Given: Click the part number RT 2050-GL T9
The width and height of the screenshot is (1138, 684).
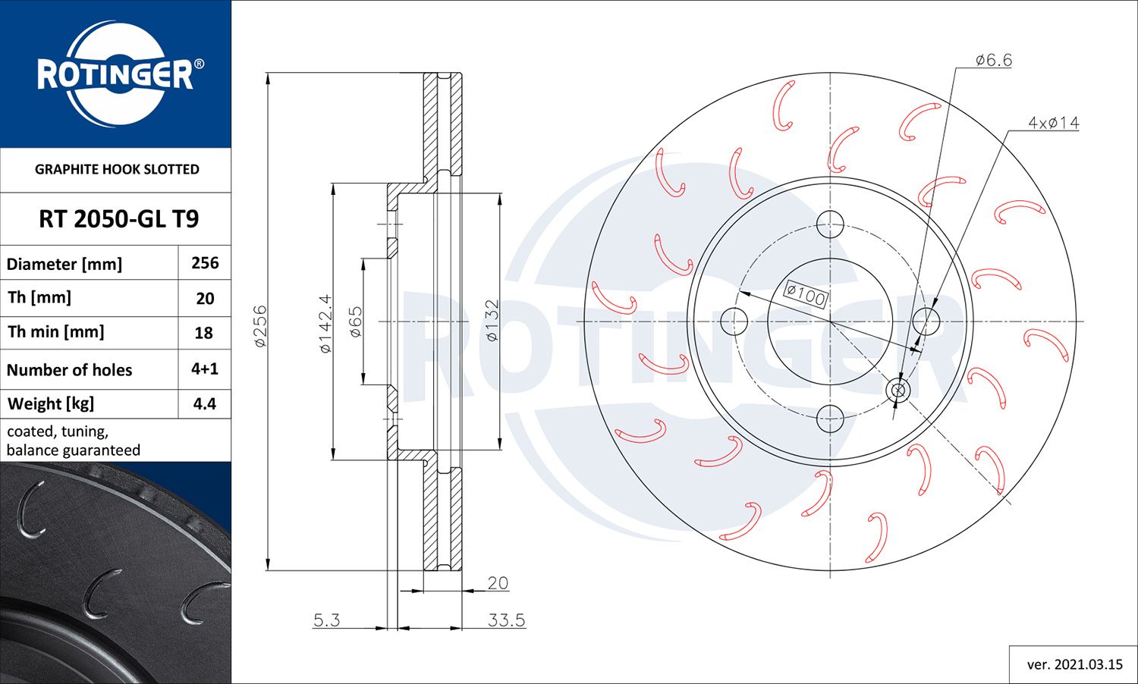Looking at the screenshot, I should click(x=118, y=219).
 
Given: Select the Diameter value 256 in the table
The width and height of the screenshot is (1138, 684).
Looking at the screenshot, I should click(x=205, y=263).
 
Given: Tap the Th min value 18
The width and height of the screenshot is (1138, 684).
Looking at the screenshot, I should click(x=205, y=333).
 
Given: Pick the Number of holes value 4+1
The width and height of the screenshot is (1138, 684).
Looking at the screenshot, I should click(x=205, y=369).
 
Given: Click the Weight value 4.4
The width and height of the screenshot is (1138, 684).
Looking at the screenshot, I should click(x=205, y=404).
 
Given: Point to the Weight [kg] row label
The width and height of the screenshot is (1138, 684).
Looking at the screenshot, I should click(x=51, y=404).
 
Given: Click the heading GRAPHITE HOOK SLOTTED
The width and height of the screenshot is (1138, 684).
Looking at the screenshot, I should click(x=117, y=170).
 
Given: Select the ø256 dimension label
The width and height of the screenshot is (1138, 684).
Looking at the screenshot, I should click(x=260, y=326).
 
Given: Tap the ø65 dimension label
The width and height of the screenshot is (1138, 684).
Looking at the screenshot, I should click(x=355, y=322).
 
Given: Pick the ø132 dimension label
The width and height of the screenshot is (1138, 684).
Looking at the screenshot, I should click(x=492, y=321).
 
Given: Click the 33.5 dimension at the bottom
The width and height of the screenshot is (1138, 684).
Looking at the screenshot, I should click(x=506, y=620).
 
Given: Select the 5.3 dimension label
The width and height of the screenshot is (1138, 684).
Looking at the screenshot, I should click(x=326, y=620).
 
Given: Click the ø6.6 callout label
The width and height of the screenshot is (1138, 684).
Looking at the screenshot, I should click(x=993, y=60).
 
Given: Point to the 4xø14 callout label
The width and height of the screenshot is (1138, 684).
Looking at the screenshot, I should click(x=1053, y=123).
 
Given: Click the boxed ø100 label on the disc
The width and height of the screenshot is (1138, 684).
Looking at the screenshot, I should click(x=805, y=294).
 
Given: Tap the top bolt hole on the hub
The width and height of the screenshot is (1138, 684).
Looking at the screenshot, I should click(x=830, y=224).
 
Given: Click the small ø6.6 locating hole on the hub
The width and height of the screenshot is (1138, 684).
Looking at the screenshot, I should click(x=898, y=391).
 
